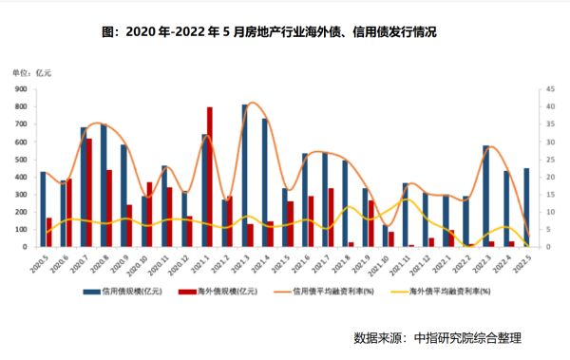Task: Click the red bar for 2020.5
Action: (x=49, y=232)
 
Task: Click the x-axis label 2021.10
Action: (x=389, y=260)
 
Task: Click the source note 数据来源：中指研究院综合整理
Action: (x=438, y=337)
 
